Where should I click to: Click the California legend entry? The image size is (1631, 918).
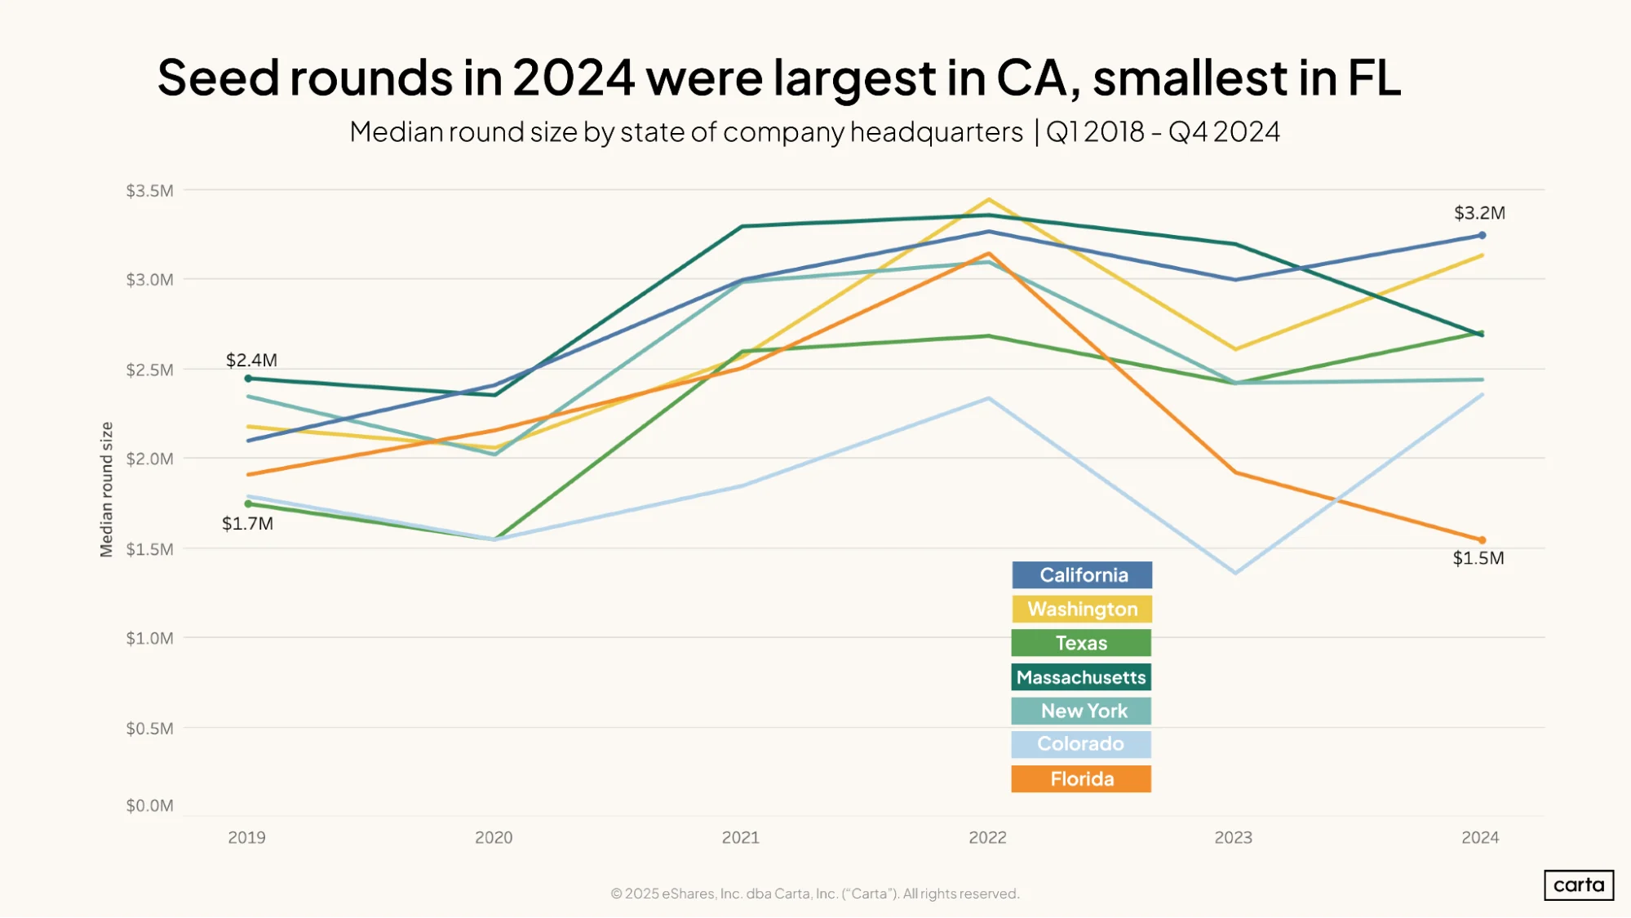pos(1082,575)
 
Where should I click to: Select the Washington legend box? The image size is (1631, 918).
pos(1082,610)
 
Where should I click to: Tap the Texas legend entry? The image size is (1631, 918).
pos(1081,643)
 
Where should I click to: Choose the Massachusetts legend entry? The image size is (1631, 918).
pos(1081,677)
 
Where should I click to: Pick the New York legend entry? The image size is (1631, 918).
pos(1081,711)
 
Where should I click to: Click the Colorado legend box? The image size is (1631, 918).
pos(1081,744)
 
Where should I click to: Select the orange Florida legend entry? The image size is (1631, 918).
pos(1081,778)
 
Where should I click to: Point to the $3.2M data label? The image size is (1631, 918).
pos(1479,213)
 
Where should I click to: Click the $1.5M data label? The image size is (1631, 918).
pos(1478,558)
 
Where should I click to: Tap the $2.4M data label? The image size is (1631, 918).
pos(251,360)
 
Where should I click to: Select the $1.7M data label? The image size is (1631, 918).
pos(247,524)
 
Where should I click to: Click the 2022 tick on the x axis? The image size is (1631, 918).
pos(987,837)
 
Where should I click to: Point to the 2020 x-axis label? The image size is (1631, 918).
pos(494,837)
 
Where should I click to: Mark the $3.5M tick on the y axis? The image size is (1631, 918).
pos(149,191)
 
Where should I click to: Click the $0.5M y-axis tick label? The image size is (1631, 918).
pos(149,728)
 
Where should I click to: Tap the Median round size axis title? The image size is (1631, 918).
pos(106,490)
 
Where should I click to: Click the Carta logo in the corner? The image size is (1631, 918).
pos(1579,885)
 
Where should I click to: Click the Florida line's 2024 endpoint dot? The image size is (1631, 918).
pos(1483,540)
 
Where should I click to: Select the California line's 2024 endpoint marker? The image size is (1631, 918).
pos(1483,235)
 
